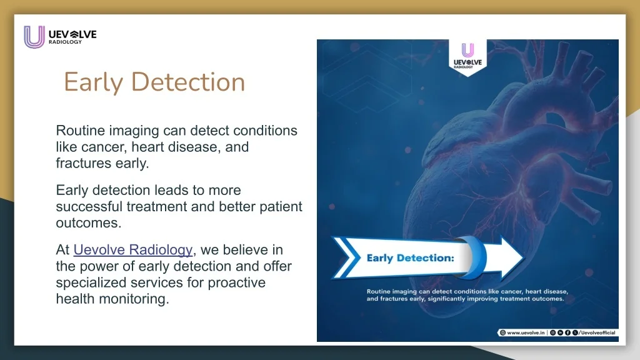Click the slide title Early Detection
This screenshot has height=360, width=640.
154,82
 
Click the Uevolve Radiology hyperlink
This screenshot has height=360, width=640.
133,250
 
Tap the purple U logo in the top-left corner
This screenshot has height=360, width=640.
34,37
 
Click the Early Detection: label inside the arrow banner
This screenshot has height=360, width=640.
410,257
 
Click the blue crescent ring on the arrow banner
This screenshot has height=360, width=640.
472,257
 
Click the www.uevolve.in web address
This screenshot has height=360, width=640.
527,333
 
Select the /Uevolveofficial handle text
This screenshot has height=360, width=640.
597,333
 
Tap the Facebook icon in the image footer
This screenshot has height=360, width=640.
567,333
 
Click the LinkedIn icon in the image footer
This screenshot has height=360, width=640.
561,333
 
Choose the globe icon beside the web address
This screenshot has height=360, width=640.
502,333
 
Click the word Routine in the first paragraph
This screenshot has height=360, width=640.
80,131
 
